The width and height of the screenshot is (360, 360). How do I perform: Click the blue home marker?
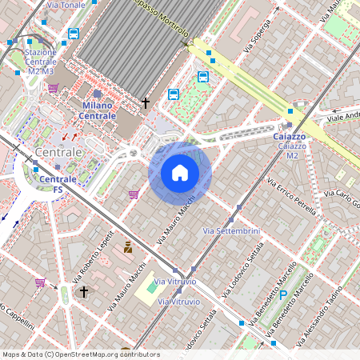(x=180, y=174)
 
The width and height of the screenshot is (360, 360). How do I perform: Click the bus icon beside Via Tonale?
(x=74, y=34)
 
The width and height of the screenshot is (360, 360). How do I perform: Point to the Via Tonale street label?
(x=66, y=6)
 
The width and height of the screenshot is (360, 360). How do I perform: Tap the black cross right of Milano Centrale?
(x=146, y=103)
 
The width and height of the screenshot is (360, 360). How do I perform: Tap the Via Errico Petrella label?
(x=292, y=196)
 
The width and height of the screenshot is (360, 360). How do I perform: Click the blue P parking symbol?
(x=282, y=295)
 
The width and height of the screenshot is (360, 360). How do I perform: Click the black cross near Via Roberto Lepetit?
(x=83, y=292)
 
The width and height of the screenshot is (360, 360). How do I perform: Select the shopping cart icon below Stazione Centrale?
(x=53, y=89)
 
